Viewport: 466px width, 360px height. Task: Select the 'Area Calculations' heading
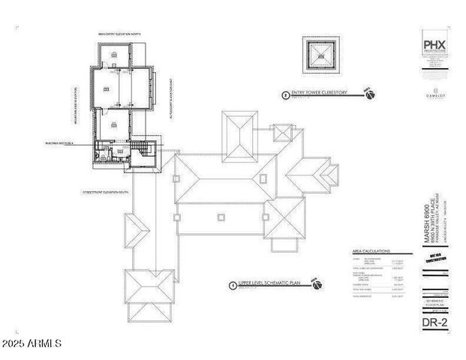371,251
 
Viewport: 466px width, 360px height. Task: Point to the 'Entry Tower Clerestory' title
322,94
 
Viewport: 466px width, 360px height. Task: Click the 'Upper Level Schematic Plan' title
271,285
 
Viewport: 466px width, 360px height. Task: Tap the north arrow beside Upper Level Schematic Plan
317,284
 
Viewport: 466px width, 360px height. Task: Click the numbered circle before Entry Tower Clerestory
284,95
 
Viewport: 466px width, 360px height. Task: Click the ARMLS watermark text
32,344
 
